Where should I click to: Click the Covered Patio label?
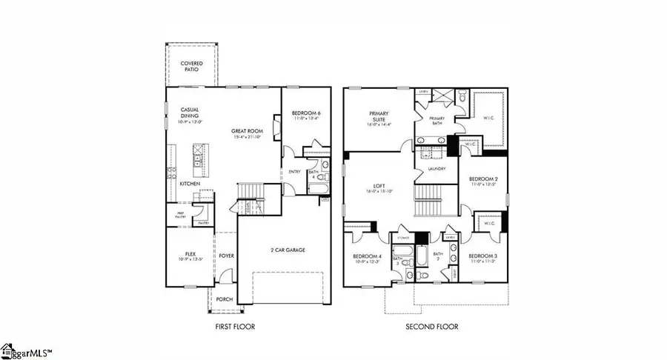pyautogui.click(x=192, y=67)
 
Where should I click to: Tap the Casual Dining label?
pyautogui.click(x=190, y=113)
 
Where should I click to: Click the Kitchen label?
pyautogui.click(x=188, y=183)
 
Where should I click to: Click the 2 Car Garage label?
pyautogui.click(x=288, y=250)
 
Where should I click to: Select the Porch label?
pyautogui.click(x=225, y=299)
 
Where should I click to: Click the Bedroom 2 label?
pyautogui.click(x=482, y=180)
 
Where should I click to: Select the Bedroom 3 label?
pyautogui.click(x=482, y=258)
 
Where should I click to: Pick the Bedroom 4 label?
pyautogui.click(x=368, y=258)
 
